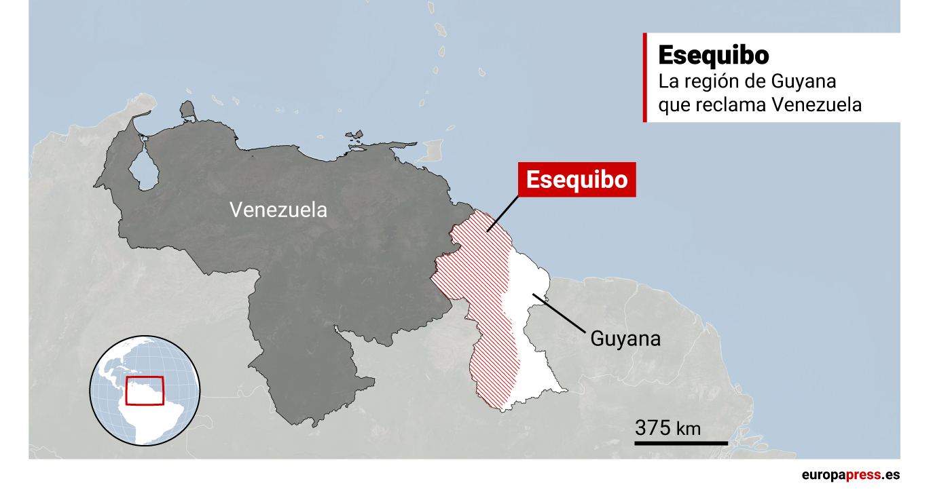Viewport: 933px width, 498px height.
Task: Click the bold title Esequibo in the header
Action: (x=713, y=56)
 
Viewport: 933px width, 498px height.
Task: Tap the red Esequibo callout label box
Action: (x=577, y=180)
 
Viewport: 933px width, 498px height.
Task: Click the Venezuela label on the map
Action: (x=278, y=210)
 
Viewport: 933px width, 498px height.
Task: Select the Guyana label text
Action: (x=625, y=338)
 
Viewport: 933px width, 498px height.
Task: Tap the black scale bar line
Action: (x=681, y=444)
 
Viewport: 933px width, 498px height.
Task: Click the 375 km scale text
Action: (x=667, y=429)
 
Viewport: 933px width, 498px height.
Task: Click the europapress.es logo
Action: (x=850, y=475)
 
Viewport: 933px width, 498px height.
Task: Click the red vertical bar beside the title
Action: (x=644, y=78)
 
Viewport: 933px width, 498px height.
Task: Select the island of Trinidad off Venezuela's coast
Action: (x=433, y=151)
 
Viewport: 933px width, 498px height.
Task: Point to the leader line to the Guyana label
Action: (x=560, y=313)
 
